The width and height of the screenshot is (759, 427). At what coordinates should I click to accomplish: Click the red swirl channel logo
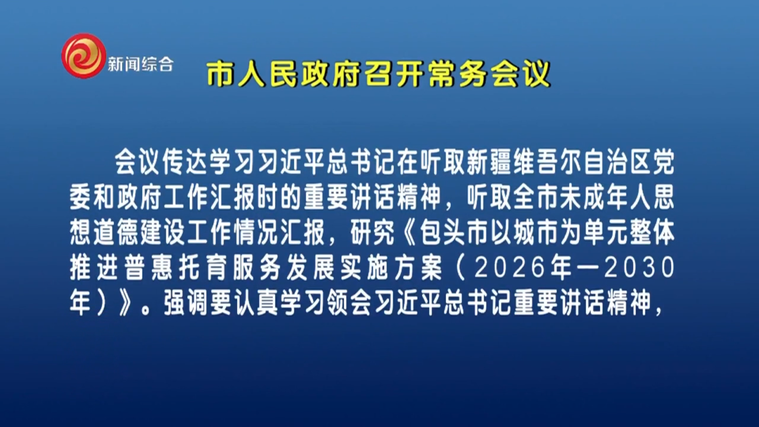tap(84, 55)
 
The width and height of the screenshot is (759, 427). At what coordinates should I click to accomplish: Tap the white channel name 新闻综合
tap(141, 64)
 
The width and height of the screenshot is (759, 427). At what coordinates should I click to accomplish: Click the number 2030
tap(639, 267)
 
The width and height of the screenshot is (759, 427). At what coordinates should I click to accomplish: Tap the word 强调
tap(187, 302)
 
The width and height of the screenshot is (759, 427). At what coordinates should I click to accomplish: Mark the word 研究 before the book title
tap(373, 232)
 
